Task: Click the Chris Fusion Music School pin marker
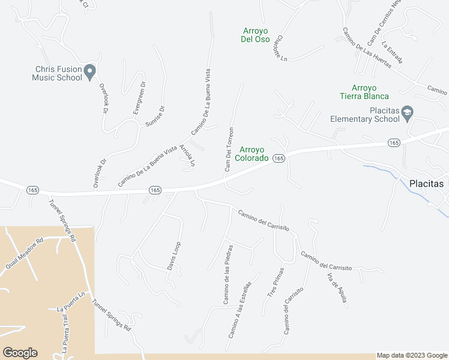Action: [x=90, y=72]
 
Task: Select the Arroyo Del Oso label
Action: [x=255, y=35]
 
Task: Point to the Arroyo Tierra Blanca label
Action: [x=364, y=92]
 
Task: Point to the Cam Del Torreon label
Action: [x=229, y=149]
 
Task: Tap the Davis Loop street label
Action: [x=174, y=255]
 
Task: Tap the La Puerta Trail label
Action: [x=63, y=333]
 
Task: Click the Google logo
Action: [x=20, y=353]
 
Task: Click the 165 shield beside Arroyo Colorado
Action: [x=278, y=158]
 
